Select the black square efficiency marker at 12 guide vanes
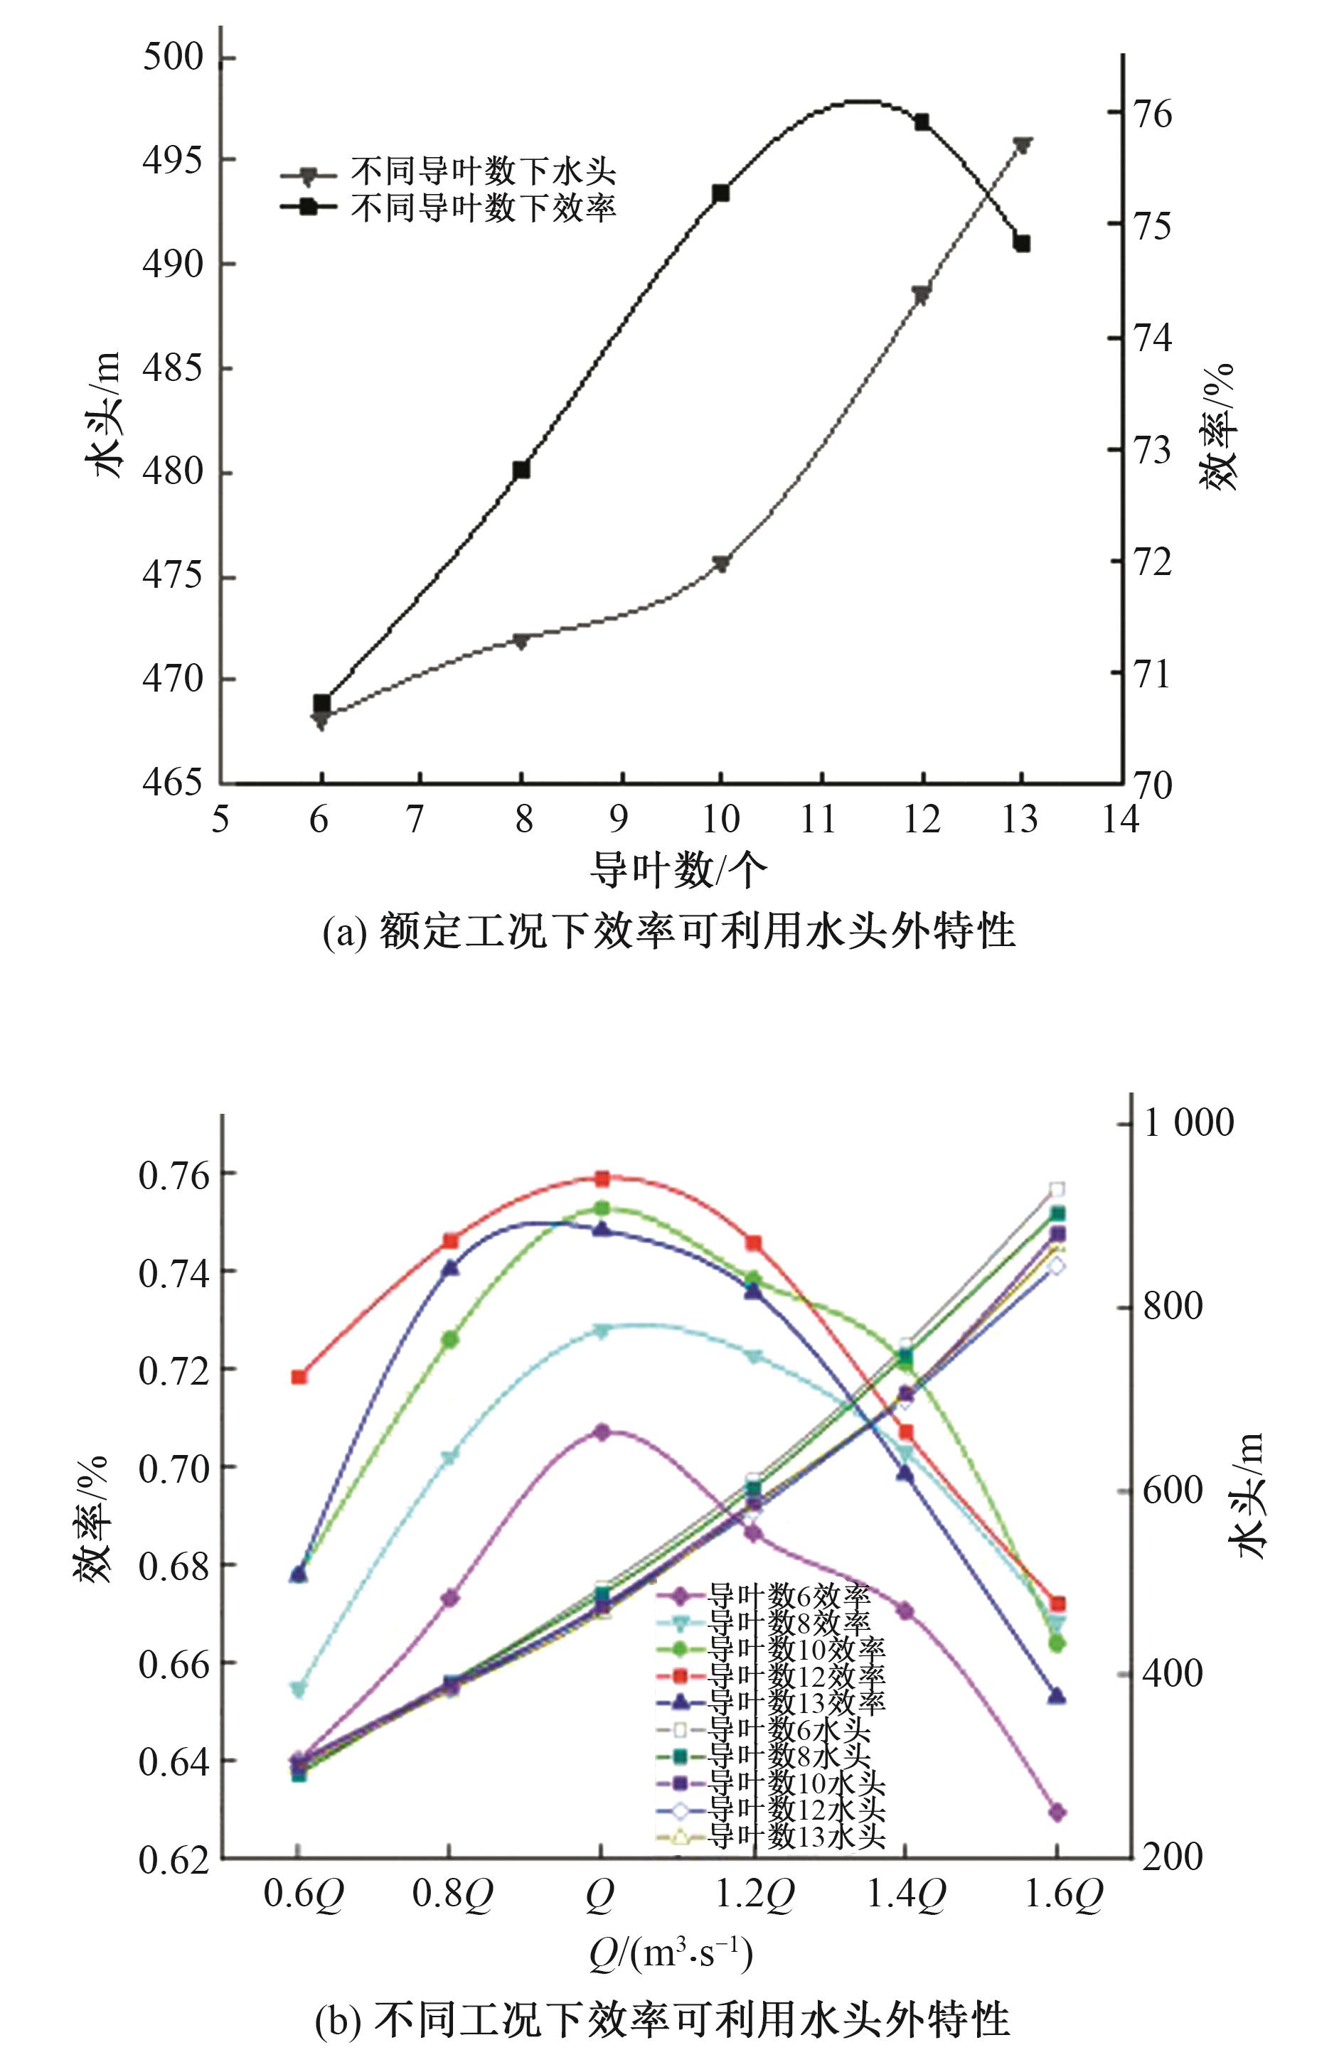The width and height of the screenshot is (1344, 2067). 922,122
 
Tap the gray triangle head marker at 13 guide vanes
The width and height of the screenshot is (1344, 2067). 1022,145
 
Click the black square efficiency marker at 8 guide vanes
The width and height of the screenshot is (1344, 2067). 521,470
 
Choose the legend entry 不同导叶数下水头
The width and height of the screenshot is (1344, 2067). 483,173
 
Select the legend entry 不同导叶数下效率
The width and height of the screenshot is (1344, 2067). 483,207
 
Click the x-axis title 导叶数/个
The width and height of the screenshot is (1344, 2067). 678,869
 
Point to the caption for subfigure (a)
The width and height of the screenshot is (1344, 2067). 668,932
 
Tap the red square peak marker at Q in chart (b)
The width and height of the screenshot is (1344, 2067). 601,1179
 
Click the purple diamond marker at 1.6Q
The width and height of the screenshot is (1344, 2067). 1057,1812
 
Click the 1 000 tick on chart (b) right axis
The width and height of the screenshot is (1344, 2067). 1188,1123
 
